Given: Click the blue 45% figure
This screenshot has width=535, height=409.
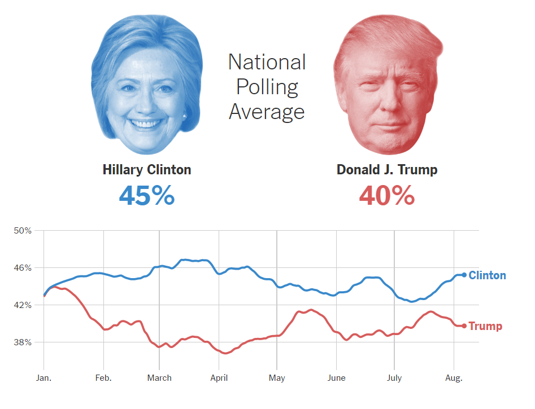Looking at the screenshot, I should point(147,195).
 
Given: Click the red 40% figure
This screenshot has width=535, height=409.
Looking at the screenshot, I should point(387,195).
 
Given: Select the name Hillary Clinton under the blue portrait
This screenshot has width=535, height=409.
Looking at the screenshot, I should point(147,169).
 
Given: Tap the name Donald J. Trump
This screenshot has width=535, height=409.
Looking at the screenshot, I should point(387,169).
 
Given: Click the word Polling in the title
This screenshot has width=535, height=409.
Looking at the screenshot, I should point(267,87).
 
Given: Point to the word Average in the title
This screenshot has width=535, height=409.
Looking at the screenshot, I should point(267,111).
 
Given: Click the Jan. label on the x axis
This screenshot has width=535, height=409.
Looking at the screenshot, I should point(44,377).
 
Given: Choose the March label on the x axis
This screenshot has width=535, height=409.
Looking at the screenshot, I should point(159,377).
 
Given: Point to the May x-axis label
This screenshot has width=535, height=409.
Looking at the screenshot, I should point(277,377).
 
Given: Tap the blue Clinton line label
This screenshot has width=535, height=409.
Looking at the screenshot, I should point(487,275).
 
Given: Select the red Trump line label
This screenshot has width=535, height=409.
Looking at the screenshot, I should point(485,326).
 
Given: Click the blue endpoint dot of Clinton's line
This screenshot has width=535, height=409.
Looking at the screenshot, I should point(464,275).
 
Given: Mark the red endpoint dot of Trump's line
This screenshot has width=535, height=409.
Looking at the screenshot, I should point(464,326).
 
